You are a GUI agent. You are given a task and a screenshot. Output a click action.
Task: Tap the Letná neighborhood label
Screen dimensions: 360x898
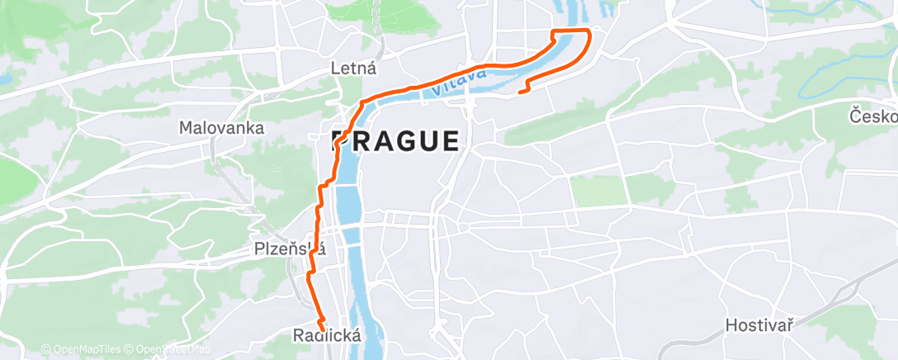pos(352,68)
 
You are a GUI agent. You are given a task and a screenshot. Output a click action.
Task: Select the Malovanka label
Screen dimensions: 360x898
pos(222,128)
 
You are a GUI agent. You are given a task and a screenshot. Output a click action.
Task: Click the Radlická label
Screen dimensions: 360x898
pos(327,335)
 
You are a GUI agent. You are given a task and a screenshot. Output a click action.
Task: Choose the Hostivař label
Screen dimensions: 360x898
pos(759,325)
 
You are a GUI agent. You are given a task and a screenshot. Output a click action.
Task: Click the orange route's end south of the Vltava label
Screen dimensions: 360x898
pos(520,92)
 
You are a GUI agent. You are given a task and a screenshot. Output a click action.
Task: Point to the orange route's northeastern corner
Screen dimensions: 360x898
pos(588,31)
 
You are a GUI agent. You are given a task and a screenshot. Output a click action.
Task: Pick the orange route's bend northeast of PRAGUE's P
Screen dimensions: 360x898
pos(362,102)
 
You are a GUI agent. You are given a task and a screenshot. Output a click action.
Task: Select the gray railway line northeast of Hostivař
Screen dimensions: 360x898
pos(834,298)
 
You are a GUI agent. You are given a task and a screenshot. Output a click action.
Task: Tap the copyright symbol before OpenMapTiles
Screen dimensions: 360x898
pos(46,350)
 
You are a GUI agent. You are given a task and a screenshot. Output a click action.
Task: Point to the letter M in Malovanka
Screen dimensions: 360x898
pos(186,128)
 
